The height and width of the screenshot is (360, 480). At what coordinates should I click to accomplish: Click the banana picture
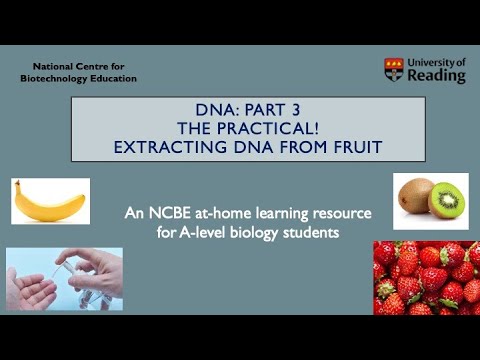coord(50,200)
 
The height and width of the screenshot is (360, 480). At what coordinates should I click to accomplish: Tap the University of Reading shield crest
coord(394,70)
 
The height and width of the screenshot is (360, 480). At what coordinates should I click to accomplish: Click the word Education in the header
coord(112,78)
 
